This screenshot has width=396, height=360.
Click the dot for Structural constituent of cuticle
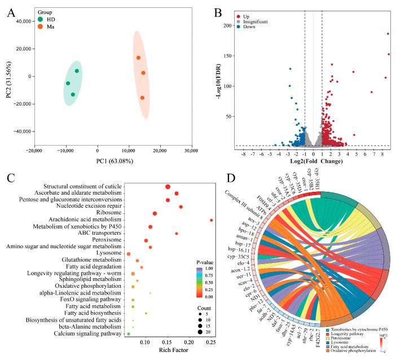point(168,187)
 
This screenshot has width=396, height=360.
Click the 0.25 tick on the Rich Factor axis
point(211,344)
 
